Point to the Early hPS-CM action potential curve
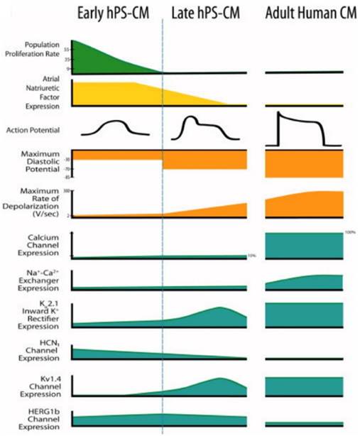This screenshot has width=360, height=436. pyautogui.click(x=116, y=128)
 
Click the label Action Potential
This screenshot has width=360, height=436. pyautogui.click(x=33, y=131)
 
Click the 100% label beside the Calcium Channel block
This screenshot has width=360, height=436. pyautogui.click(x=349, y=232)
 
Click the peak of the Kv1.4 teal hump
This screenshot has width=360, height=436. pyautogui.click(x=219, y=379)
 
